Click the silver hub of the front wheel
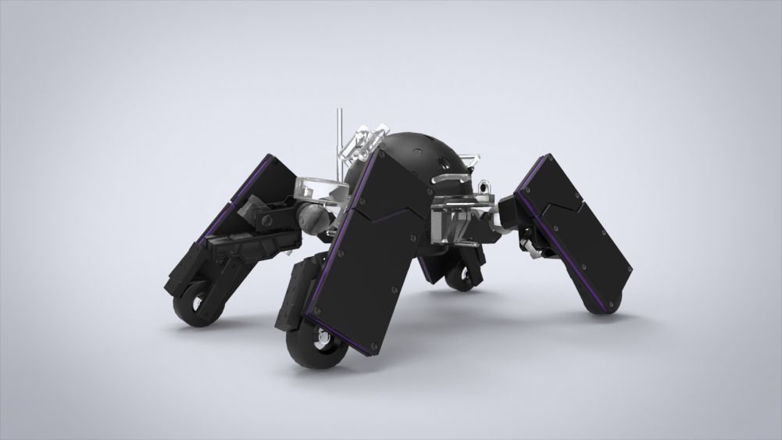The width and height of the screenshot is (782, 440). coord(320,341)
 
